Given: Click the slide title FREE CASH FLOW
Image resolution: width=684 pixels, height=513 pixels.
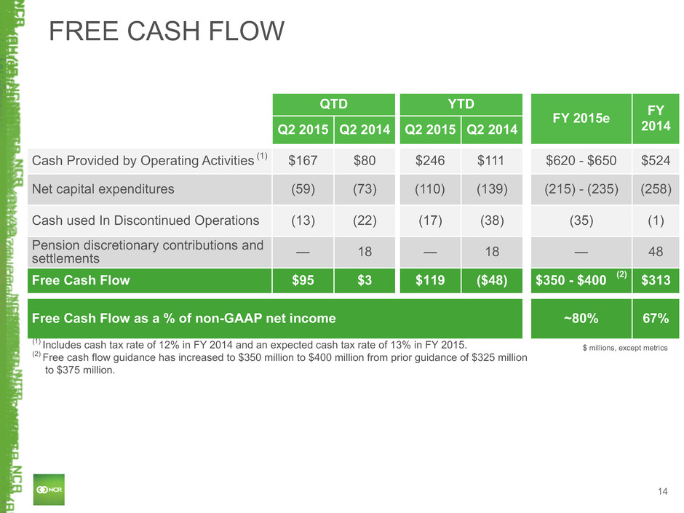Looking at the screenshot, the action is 166,31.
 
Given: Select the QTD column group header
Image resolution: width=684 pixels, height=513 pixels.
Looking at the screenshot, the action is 334,104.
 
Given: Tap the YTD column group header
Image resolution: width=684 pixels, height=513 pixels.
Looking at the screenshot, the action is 461,104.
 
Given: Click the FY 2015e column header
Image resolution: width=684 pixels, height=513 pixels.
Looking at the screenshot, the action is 581,118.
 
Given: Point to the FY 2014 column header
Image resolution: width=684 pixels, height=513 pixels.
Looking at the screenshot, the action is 656,118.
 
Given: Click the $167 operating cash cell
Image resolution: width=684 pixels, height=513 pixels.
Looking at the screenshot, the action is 303,161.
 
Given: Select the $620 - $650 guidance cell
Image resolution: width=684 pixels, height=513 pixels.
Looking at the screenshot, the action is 581,161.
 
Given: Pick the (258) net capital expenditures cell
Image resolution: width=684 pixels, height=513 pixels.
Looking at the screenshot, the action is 656,189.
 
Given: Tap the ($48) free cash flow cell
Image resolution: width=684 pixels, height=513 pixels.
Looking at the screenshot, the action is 492,280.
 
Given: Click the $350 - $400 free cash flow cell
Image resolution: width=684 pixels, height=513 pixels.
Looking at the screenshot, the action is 581,280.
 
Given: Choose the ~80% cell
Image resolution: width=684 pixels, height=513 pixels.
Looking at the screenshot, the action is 581,319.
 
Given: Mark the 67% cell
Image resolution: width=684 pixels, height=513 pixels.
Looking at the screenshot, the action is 656,319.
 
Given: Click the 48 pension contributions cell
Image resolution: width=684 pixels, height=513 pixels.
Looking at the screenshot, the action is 656,252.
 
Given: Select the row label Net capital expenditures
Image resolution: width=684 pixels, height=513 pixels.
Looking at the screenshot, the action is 103,189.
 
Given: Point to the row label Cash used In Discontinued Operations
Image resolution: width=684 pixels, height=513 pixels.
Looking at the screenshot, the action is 146,220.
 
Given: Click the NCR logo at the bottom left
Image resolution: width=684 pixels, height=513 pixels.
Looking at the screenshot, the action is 49,490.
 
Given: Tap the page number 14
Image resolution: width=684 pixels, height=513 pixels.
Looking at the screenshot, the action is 663,492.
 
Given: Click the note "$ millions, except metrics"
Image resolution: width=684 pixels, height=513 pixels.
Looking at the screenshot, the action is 625,348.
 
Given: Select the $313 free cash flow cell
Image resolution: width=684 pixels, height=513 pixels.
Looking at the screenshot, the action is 656,280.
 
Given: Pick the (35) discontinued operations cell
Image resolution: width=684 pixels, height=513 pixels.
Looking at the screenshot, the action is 581,220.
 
